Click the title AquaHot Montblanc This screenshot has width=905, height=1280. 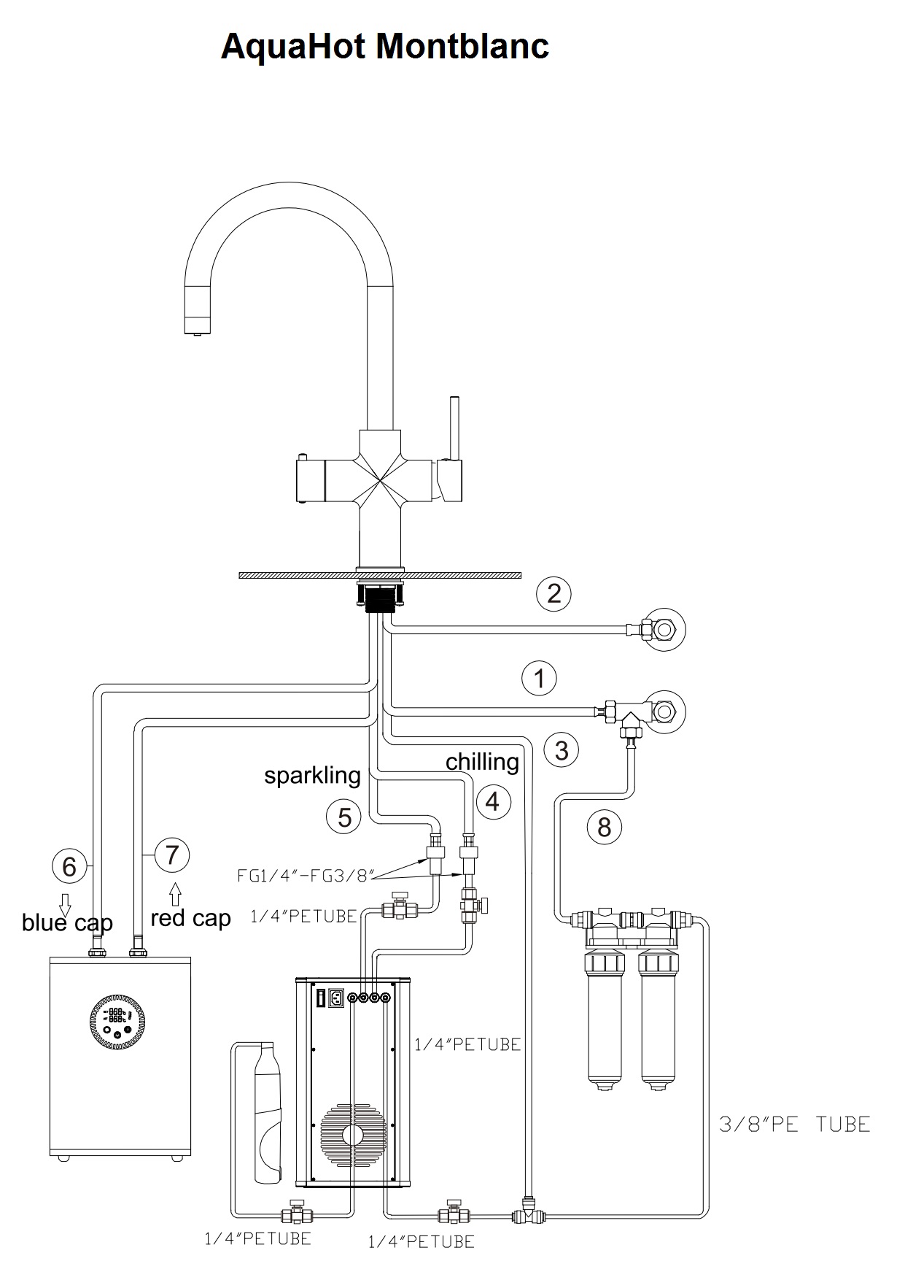coord(384,47)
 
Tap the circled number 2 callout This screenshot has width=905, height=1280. coord(554,593)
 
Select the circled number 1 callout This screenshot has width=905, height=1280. coord(539,679)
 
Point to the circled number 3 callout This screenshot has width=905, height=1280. coord(561,750)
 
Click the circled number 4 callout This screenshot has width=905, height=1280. coord(492,801)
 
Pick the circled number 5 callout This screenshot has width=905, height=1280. coord(344,817)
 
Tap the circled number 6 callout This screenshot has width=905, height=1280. coord(69,866)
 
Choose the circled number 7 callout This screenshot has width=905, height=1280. coord(172,855)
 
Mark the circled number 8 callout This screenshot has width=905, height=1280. coord(605,827)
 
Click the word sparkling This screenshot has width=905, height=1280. coord(312,775)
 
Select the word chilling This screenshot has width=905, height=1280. coord(482,762)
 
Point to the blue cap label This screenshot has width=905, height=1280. coord(67,923)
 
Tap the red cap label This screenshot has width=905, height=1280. coord(190,918)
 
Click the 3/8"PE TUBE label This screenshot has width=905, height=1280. coord(795,1124)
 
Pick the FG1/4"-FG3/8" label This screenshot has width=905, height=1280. coord(306,875)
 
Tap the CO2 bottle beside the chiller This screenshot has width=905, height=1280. coord(268,1112)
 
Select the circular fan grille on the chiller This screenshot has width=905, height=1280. coord(352,1136)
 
